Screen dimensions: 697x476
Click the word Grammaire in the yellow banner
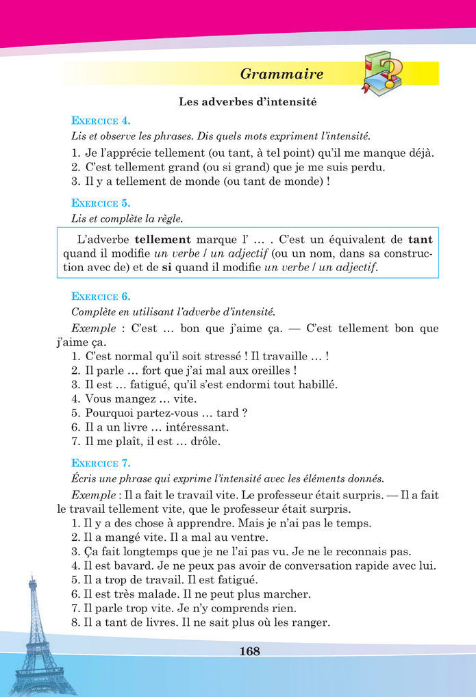click(x=282, y=74)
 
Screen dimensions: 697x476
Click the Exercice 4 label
click(x=101, y=121)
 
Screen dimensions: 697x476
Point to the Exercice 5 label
click(x=101, y=203)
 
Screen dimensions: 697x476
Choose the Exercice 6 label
click(x=101, y=296)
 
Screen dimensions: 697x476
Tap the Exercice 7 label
click(x=101, y=462)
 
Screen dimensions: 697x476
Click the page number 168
click(x=250, y=651)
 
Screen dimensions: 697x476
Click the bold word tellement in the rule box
click(x=163, y=240)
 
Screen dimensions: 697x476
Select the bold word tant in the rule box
click(x=421, y=240)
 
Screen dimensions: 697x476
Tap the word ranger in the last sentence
click(x=312, y=622)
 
